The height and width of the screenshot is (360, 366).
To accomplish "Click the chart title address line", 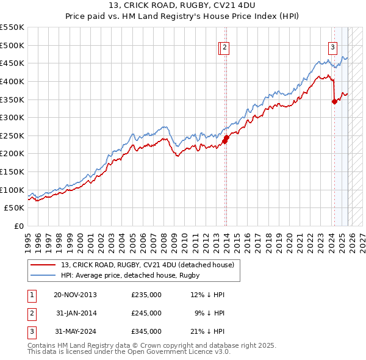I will pyautogui.click(x=183, y=6).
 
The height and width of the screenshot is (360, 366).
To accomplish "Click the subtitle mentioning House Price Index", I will pyautogui.click(x=183, y=17).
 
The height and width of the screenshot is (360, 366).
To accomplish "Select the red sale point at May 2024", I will pyautogui.click(x=334, y=102).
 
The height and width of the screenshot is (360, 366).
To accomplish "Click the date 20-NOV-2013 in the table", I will pyautogui.click(x=75, y=295).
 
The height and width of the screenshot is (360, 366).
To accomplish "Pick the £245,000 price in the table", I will pyautogui.click(x=146, y=313).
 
